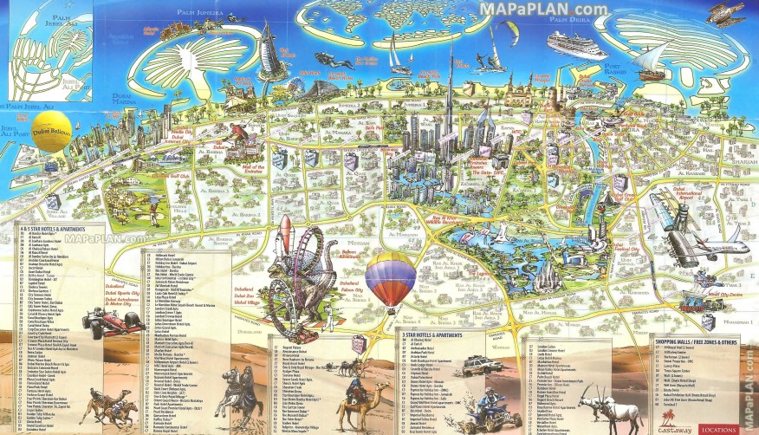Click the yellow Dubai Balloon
(52, 130)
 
